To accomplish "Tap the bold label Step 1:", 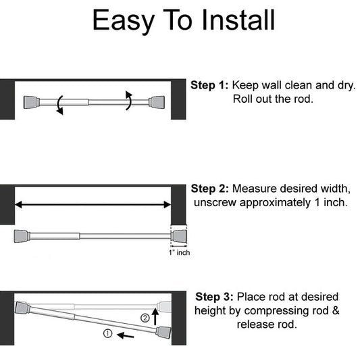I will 210,86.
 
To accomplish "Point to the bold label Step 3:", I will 215,297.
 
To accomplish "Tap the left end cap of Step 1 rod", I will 31,102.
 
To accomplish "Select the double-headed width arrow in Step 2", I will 93,203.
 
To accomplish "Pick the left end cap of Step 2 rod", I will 21,236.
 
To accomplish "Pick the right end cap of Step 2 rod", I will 178,236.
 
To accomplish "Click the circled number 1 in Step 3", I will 108,334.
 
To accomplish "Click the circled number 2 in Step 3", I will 144,318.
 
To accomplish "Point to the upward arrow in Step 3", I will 155,314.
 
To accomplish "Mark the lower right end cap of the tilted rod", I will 165,333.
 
